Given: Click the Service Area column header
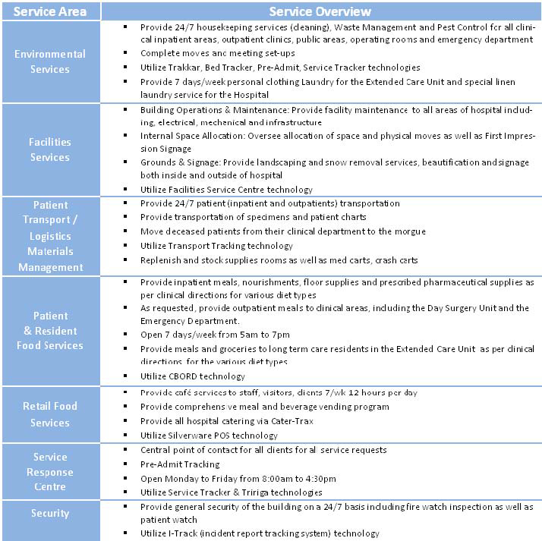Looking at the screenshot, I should pos(50,11).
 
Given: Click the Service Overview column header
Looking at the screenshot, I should pos(320,11).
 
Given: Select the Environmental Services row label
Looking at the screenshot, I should pos(50,61).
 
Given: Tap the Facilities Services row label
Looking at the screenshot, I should pos(50,149).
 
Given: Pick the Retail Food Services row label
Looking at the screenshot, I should pos(50,414).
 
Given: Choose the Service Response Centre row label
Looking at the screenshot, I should pos(50,471).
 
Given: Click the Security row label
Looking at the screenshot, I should pos(50,513).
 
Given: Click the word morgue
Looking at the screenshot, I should pos(411,231).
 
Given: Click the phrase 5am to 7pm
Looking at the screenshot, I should pos(255,335).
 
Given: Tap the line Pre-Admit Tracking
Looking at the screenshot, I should pos(180,464).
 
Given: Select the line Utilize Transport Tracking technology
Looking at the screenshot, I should pos(216,246).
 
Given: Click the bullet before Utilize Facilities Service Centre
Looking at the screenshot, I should pos(125,189).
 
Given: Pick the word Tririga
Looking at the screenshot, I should pos(260,493).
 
